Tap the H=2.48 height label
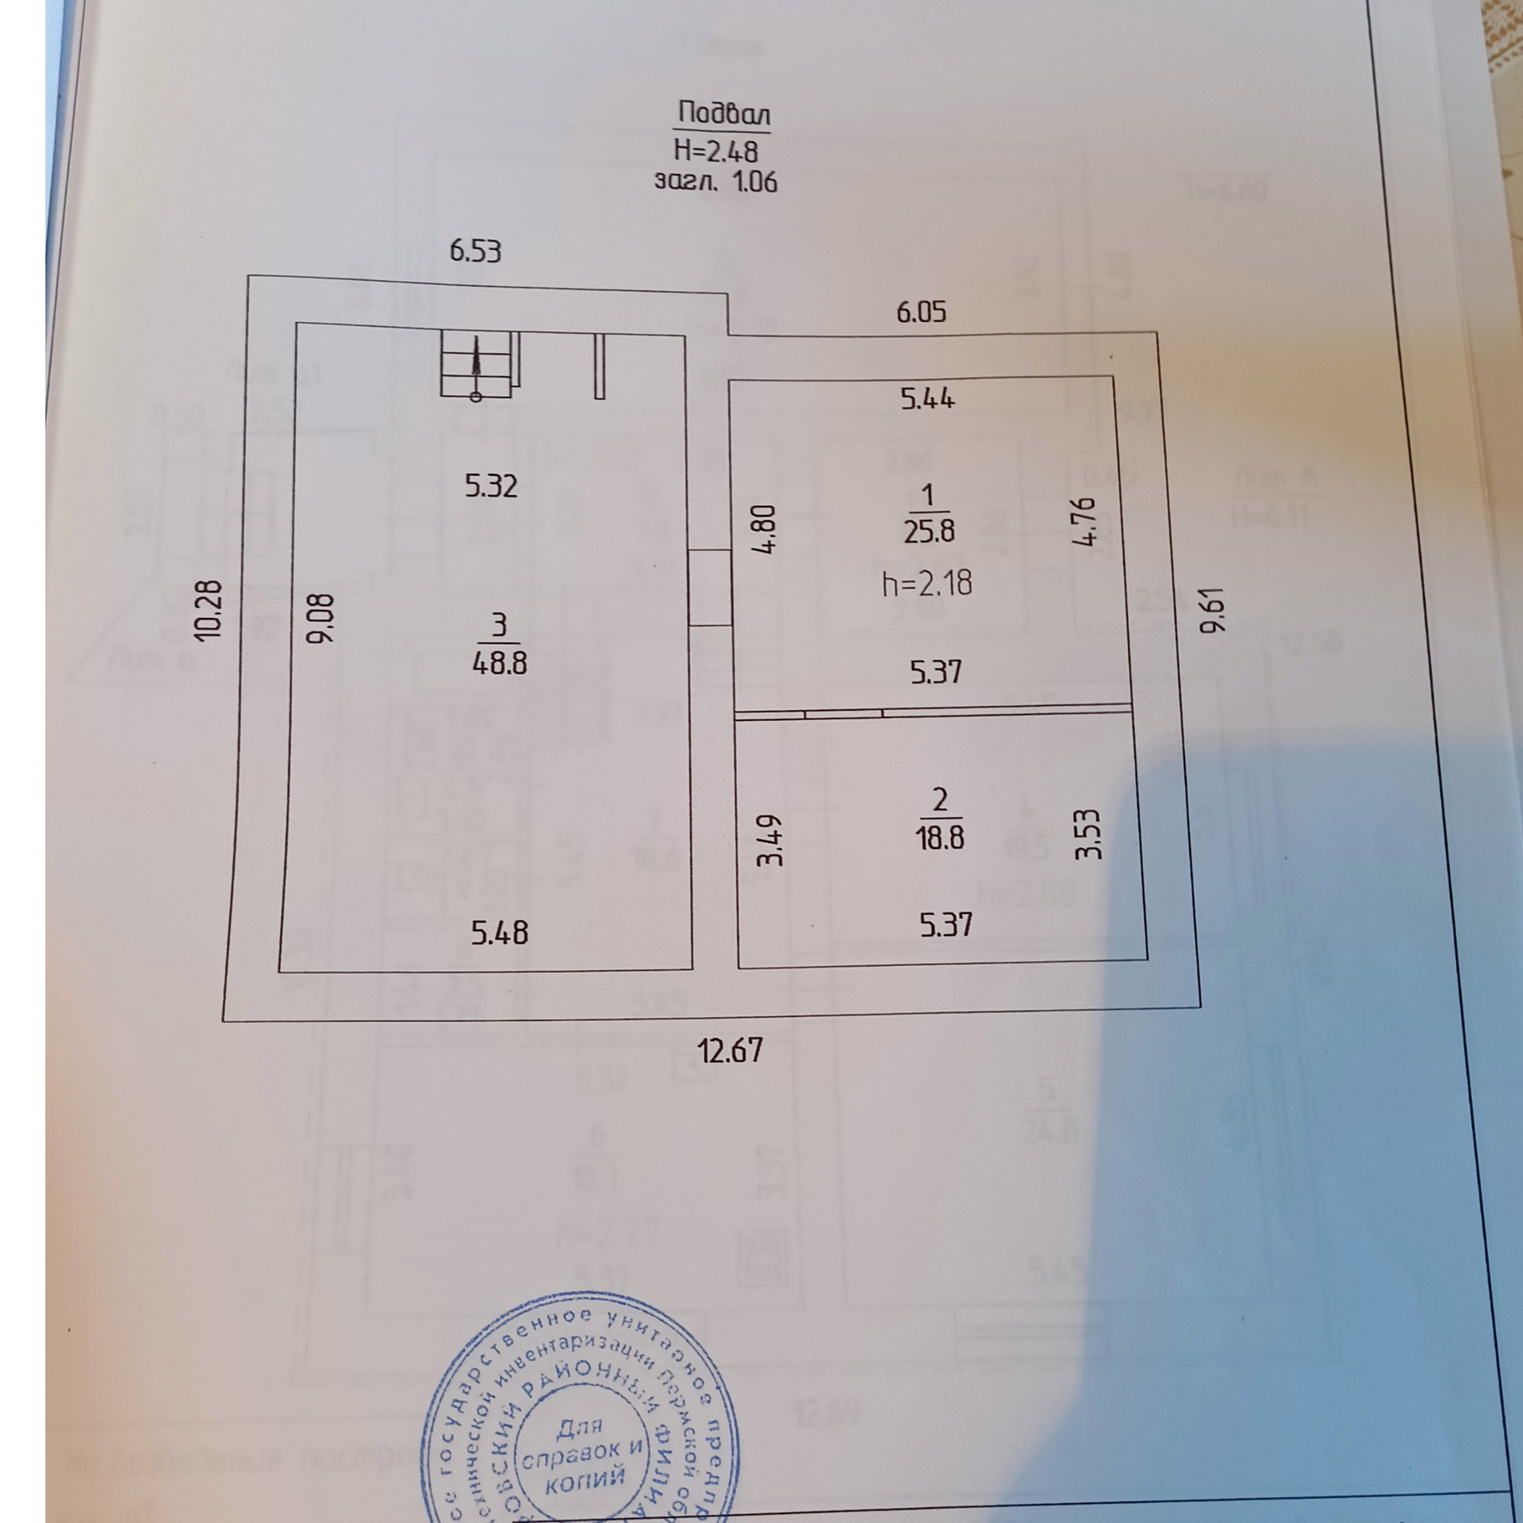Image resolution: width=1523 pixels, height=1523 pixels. click(x=715, y=150)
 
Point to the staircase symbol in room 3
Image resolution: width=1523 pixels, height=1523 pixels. click(x=478, y=365)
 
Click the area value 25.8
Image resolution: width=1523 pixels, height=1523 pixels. click(x=929, y=530)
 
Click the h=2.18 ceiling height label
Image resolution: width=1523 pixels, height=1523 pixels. click(x=927, y=585)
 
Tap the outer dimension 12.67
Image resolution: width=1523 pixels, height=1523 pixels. click(x=730, y=1051)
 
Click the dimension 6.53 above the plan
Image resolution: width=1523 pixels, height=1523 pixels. click(x=475, y=252)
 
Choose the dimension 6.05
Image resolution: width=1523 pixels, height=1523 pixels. click(x=921, y=312)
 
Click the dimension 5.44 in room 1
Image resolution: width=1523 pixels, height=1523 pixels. click(x=927, y=398)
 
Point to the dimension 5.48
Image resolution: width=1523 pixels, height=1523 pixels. click(x=500, y=933)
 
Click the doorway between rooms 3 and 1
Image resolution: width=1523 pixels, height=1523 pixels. click(x=710, y=588)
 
